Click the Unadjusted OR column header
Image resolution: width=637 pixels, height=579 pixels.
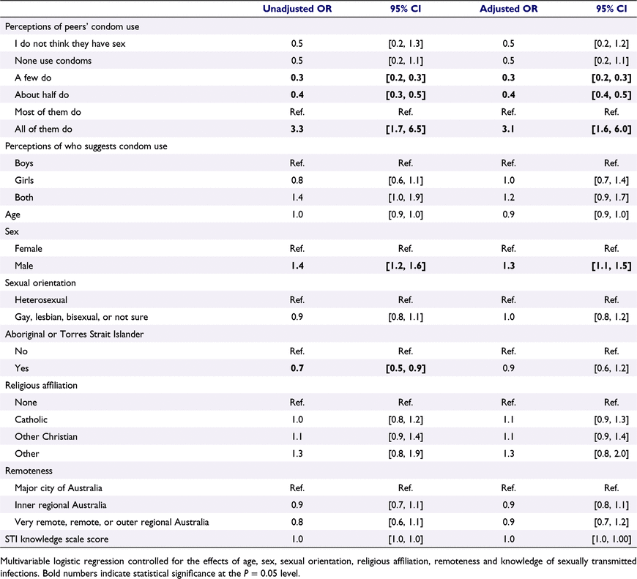pyautogui.click(x=297, y=9)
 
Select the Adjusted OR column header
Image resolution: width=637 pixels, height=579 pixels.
pyautogui.click(x=508, y=9)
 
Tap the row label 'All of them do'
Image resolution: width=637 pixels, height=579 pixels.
pyautogui.click(x=43, y=129)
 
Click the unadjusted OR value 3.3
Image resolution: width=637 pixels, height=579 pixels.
pyautogui.click(x=297, y=129)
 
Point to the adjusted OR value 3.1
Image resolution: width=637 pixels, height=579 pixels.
pyautogui.click(x=508, y=129)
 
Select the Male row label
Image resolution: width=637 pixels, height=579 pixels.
pyautogui.click(x=24, y=266)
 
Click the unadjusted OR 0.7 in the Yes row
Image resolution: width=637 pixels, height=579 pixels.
pyautogui.click(x=297, y=368)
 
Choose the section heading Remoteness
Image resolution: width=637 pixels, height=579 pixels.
pyautogui.click(x=29, y=471)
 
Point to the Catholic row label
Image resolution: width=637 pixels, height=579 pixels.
pyautogui.click(x=31, y=419)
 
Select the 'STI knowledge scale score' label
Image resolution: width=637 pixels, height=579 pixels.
pyautogui.click(x=56, y=539)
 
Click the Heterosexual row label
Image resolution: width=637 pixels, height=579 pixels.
pyautogui.click(x=41, y=300)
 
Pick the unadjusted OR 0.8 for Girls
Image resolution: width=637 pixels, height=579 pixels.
pyautogui.click(x=297, y=180)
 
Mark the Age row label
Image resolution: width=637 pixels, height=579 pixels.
pyautogui.click(x=12, y=214)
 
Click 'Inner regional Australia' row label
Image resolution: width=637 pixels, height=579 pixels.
pyautogui.click(x=61, y=505)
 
